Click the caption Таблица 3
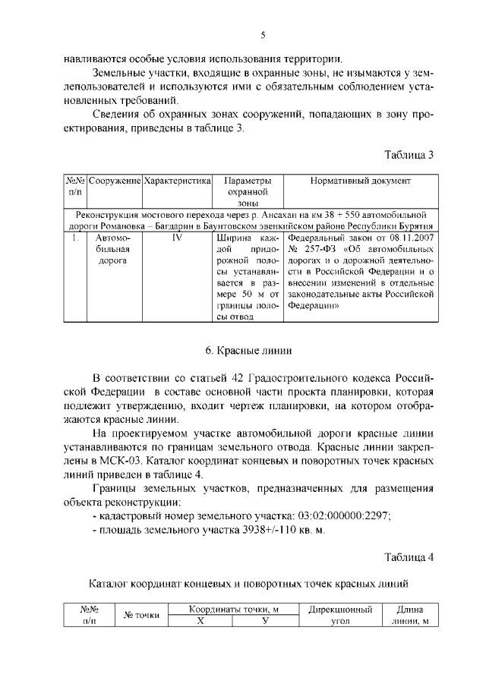pos(409,155)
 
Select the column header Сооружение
pos(114,182)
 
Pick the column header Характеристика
pos(176,182)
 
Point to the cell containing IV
pos(177,238)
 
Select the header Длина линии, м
pos(410,615)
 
